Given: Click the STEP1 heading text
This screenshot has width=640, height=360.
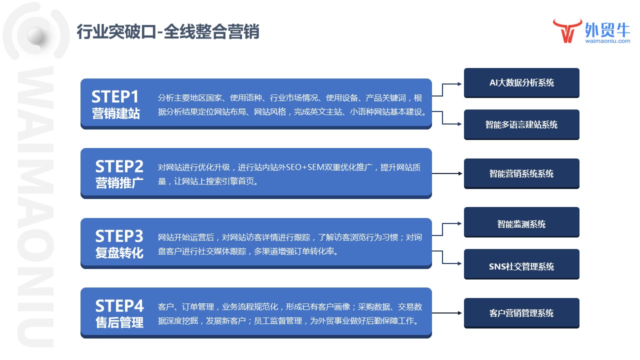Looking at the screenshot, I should [x=115, y=96].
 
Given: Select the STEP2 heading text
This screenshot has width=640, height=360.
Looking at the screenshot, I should [x=119, y=166].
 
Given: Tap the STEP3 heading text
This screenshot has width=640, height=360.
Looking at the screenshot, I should [x=119, y=235].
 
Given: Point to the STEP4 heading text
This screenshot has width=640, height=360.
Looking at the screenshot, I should [x=119, y=305].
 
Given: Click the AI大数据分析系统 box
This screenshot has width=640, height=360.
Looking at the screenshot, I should [x=521, y=82].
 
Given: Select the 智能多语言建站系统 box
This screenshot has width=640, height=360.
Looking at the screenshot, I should [x=521, y=124].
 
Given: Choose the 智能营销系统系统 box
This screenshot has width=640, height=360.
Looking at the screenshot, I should [x=521, y=173].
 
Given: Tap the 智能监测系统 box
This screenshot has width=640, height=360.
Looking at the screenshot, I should [x=521, y=224].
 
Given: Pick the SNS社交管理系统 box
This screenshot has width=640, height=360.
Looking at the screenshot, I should [x=521, y=266].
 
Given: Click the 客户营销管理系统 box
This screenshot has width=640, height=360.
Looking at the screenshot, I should [x=521, y=313].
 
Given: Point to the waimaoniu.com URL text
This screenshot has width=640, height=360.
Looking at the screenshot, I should [x=607, y=42].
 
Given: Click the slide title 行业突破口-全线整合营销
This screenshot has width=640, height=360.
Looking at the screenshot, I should [x=167, y=32].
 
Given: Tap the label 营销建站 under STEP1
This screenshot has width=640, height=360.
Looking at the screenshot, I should [x=115, y=113].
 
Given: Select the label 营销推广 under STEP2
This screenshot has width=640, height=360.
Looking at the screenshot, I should [x=119, y=183].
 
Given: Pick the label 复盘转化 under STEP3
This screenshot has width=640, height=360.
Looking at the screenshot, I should [x=119, y=252].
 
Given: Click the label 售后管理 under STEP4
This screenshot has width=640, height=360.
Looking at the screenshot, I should [x=119, y=322].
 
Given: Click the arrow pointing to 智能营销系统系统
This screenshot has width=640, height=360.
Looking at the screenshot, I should [x=447, y=173].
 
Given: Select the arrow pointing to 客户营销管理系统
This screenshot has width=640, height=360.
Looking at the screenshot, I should [x=447, y=313].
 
